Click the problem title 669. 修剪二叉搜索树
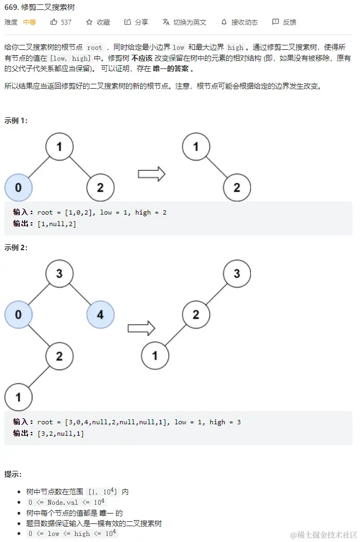tap(40, 8)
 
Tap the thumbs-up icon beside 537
tap(54, 22)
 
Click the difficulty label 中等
tap(30, 22)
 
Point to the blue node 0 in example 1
tap(18, 188)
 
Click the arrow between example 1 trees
tap(151, 174)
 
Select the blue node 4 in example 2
tap(100, 314)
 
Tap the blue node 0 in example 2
tap(18, 314)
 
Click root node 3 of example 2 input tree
tap(59, 273)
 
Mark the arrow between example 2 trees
tap(141, 328)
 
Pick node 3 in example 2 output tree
tap(237, 273)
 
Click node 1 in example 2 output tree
tap(155, 356)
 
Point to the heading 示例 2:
tap(16, 247)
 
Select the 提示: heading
tap(13, 474)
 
